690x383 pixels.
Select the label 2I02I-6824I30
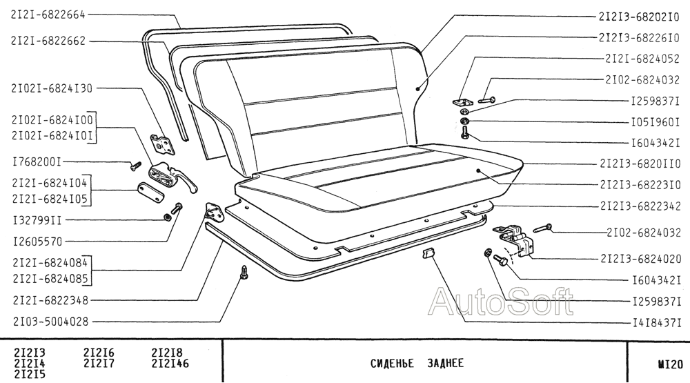tap(51, 88)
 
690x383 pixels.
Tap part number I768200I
tap(37, 162)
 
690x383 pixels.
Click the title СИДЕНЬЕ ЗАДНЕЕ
tap(417, 363)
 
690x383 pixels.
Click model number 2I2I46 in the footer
tap(170, 363)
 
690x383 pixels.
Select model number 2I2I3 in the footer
tap(30, 353)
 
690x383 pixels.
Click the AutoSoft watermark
tap(502, 302)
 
